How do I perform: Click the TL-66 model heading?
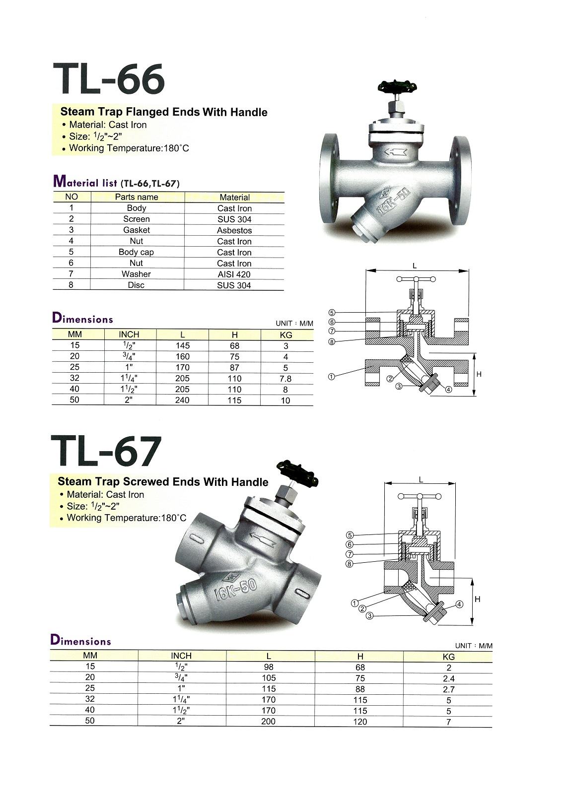pos(109,79)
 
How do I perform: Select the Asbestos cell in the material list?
pos(234,230)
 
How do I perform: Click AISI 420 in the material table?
pos(234,274)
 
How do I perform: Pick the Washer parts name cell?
pos(136,274)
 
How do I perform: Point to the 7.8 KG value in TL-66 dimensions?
pos(285,379)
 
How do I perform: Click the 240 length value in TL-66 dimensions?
pos(182,400)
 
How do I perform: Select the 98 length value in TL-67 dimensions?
pos(269,667)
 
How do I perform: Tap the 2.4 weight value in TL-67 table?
pos(449,678)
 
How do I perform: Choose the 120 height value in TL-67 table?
pos(360,722)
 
